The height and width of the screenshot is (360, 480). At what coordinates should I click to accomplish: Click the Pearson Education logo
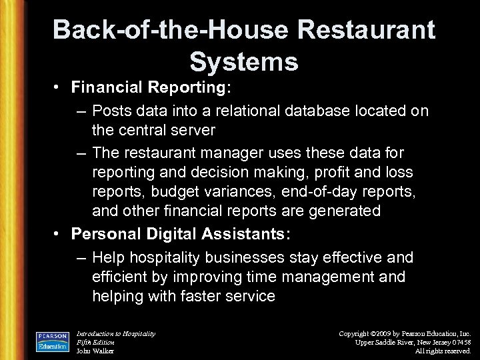(x=53, y=340)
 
